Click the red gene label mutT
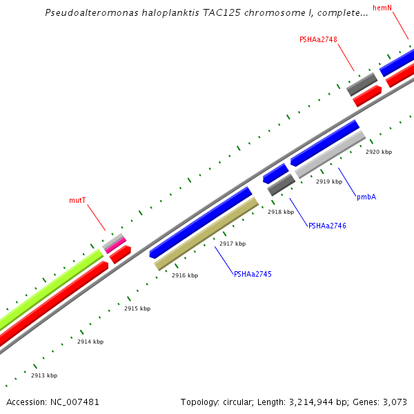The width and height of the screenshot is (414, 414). [x=77, y=200]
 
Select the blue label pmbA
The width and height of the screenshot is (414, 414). [x=366, y=197]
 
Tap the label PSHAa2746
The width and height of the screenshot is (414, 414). [x=327, y=226]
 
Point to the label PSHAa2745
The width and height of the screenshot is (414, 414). [x=253, y=274]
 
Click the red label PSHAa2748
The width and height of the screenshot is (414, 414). [x=318, y=40]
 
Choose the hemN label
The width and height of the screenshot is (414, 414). [x=382, y=8]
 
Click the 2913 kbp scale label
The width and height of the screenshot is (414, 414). [x=44, y=375]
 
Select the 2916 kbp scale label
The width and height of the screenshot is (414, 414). [x=185, y=275]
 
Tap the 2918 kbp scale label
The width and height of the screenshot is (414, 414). [x=281, y=212]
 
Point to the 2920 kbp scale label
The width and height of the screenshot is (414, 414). [x=379, y=152]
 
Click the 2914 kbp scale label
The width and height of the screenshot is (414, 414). [x=90, y=342]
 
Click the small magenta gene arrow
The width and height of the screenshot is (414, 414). [x=115, y=245]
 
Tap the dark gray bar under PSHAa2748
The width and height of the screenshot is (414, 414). [x=362, y=84]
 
